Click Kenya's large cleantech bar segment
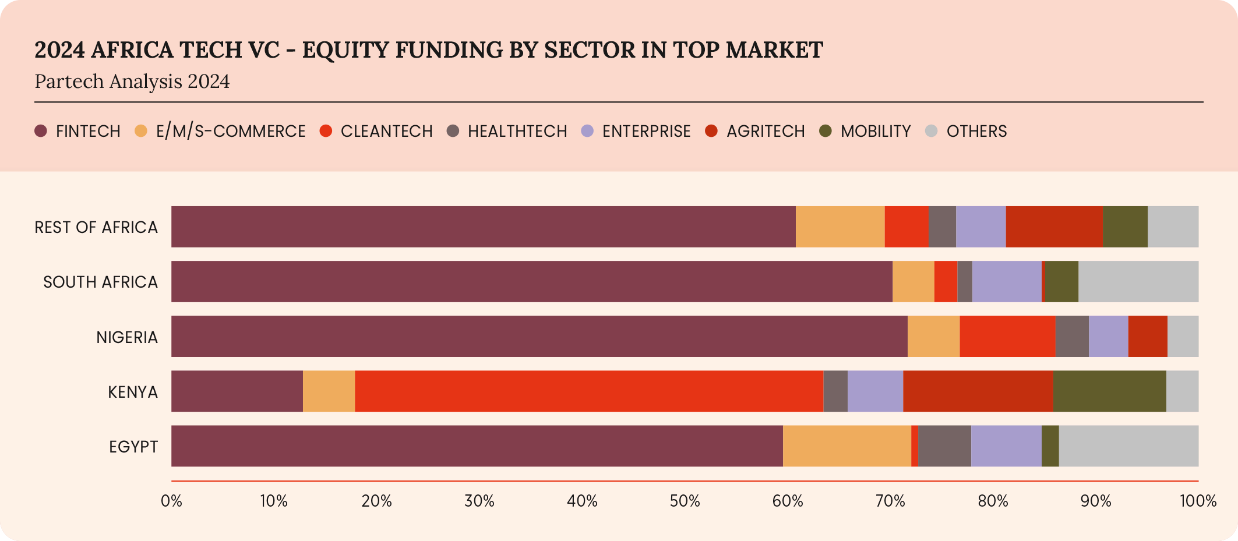588,391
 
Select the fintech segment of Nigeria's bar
539,337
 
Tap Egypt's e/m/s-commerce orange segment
847,446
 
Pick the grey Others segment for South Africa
1138,282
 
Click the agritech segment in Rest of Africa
1054,227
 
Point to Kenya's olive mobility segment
1109,391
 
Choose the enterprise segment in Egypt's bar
1006,446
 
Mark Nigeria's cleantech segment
1007,337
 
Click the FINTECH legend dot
41,131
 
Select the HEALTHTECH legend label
517,131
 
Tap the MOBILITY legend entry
876,131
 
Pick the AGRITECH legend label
766,131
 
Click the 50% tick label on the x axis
685,501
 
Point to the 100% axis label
1198,501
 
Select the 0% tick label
171,501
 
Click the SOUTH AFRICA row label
100,282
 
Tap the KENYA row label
133,392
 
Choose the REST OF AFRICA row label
96,227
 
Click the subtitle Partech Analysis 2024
132,82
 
